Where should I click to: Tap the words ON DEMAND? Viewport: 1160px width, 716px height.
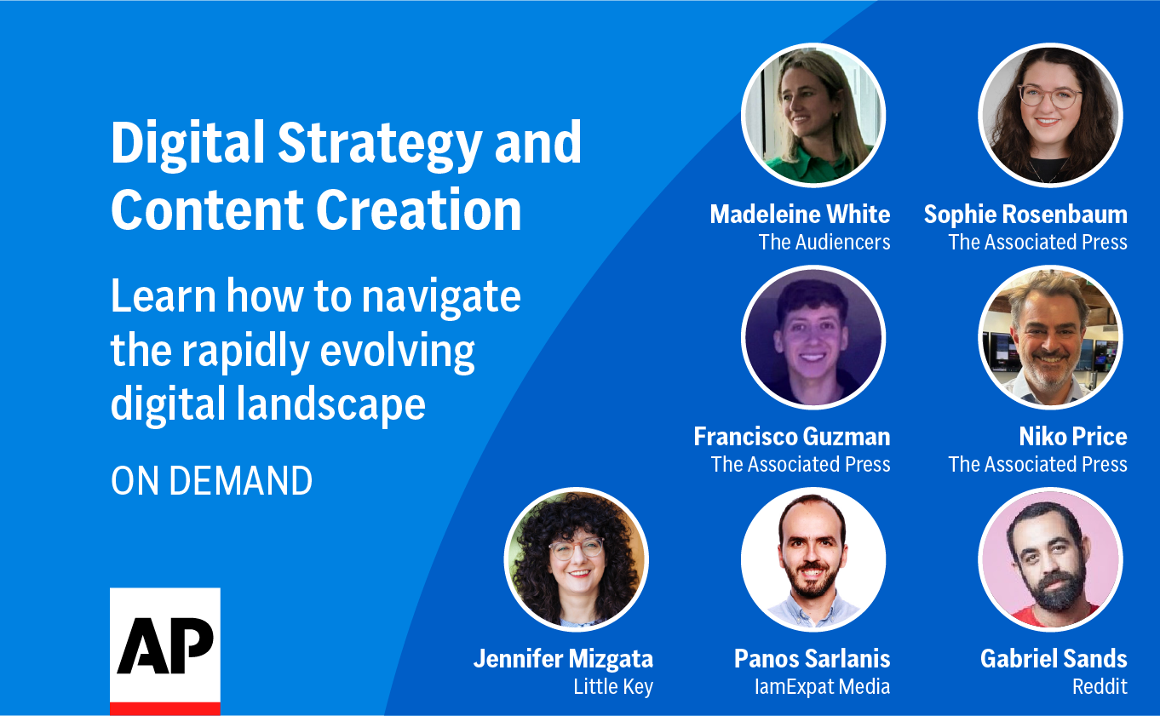211,481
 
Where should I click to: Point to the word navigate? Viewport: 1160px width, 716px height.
441,297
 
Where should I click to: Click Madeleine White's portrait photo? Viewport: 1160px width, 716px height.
813,115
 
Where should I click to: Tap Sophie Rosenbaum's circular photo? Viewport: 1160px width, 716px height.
1050,115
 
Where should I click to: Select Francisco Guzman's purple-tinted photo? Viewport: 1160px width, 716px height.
813,338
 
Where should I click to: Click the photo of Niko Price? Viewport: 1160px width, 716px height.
1050,338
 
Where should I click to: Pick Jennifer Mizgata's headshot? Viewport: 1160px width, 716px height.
577,559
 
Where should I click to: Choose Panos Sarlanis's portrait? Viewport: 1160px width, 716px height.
813,559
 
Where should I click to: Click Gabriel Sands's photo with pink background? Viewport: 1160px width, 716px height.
1050,559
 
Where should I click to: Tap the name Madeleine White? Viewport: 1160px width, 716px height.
800,214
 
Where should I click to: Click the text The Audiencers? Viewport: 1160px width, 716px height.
824,242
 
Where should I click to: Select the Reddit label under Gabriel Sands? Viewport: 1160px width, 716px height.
1100,686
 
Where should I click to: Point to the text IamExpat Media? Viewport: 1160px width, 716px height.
822,686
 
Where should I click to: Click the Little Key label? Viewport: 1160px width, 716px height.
613,686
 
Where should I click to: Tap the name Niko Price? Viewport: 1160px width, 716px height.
1072,437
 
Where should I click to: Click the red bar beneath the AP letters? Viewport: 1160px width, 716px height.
165,708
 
